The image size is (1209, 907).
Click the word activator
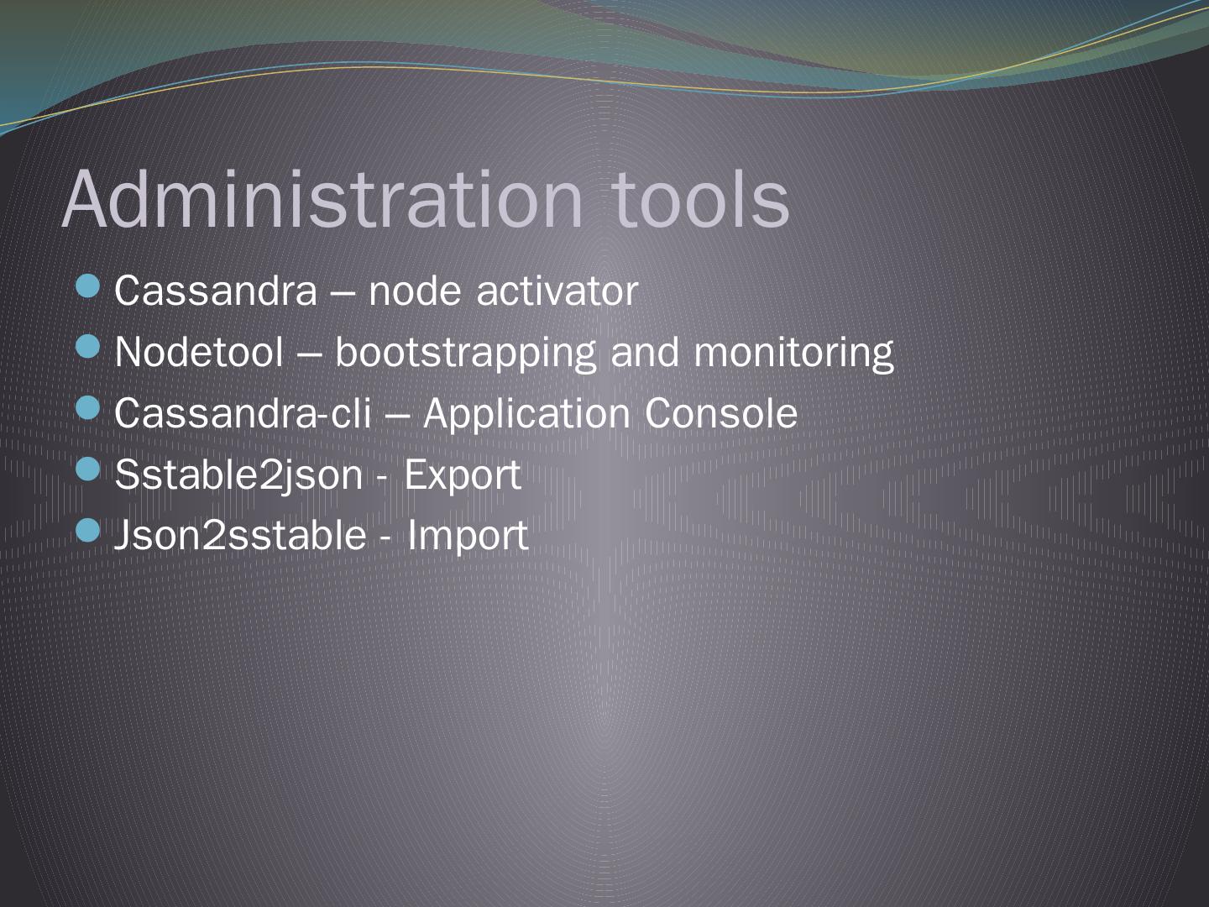(557, 291)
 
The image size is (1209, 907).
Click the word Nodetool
(199, 352)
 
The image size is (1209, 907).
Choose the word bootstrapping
(466, 354)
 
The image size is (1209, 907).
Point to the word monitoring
(793, 354)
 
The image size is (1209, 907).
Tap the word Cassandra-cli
(243, 413)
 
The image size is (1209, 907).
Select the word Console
(720, 413)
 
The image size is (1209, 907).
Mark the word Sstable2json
(238, 475)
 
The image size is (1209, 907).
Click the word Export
(463, 475)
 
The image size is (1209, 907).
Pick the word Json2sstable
(240, 536)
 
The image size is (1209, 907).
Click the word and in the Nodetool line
(645, 352)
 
